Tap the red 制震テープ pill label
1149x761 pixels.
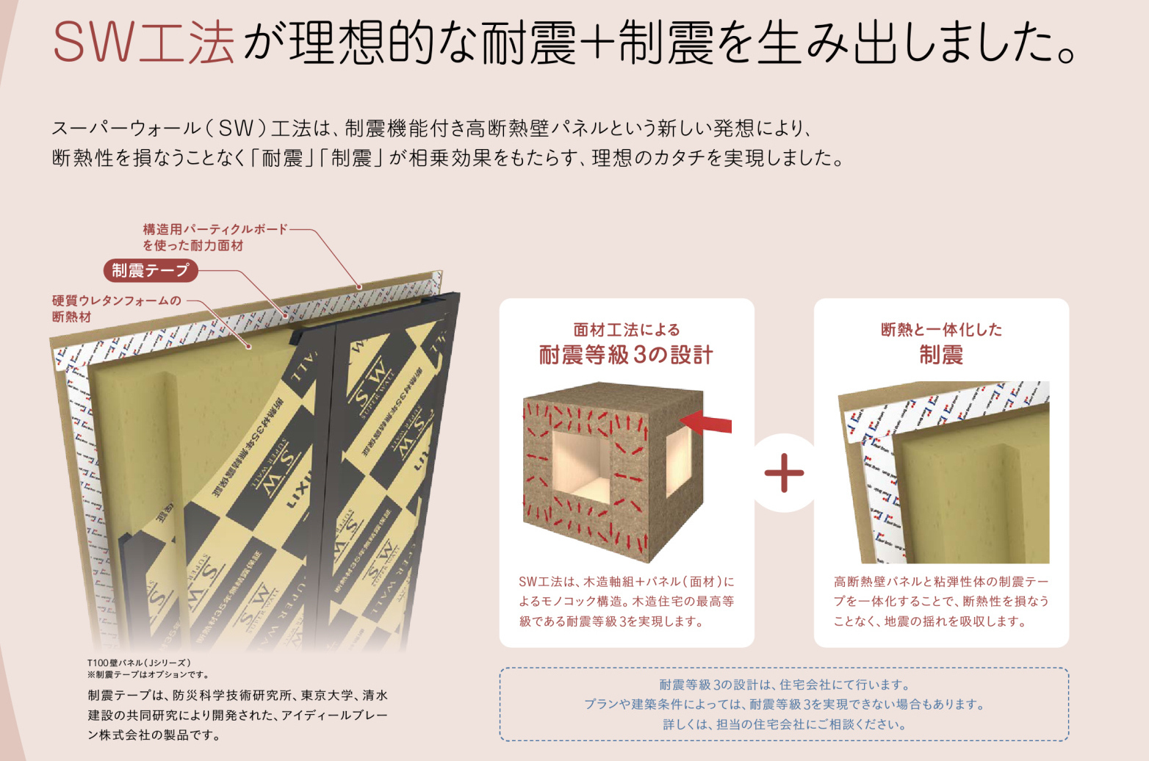tap(151, 270)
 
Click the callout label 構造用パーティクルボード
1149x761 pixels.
tap(215, 229)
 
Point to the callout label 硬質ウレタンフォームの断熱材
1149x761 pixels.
tap(117, 309)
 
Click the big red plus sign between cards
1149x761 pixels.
tap(784, 473)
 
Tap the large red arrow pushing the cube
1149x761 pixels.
tap(706, 422)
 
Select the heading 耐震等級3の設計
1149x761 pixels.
tap(626, 355)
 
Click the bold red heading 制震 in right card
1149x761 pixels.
tap(941, 355)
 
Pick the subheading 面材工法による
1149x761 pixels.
tap(627, 330)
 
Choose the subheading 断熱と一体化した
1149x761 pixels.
tap(941, 330)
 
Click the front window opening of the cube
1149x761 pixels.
tap(581, 467)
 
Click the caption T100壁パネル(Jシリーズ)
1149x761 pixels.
tap(139, 663)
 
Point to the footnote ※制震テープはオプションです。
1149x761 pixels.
tap(148, 675)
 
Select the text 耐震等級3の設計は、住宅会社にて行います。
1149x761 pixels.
tap(785, 685)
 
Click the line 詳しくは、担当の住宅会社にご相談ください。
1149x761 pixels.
tap(785, 724)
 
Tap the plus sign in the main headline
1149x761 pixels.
tap(597, 42)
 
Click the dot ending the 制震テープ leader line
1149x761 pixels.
tap(286, 315)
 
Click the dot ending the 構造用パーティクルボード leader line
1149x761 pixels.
tap(359, 286)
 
